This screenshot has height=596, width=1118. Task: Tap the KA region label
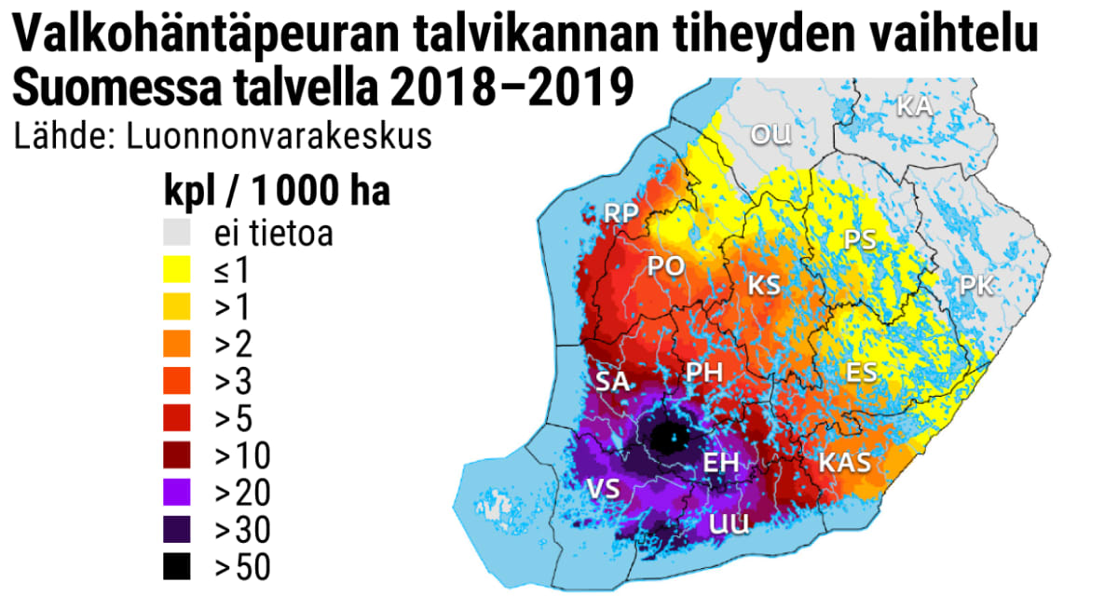coord(914,106)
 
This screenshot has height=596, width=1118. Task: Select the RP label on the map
coord(620,213)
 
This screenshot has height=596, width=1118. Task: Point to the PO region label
coord(666,266)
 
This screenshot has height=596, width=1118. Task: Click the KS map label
coord(764,284)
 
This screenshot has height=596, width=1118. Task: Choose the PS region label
coord(859,240)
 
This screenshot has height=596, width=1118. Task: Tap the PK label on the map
coord(976,286)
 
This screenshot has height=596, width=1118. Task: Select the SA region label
coord(612,381)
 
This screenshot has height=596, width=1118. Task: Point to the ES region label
coord(861,372)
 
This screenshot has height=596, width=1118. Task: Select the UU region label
coord(729,524)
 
